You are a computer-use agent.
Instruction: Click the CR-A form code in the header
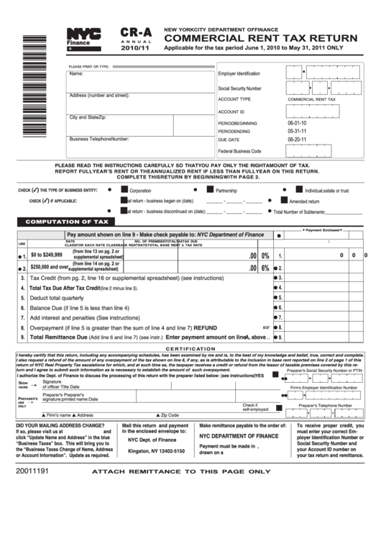(136, 33)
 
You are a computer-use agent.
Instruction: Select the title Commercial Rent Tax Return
(261, 38)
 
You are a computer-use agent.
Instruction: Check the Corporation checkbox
(124, 190)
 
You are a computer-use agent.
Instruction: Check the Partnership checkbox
(211, 190)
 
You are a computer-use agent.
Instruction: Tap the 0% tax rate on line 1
(265, 255)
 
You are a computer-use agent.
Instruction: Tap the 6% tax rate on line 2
(265, 268)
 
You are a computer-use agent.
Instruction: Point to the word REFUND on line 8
(205, 327)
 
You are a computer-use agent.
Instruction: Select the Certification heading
(190, 349)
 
